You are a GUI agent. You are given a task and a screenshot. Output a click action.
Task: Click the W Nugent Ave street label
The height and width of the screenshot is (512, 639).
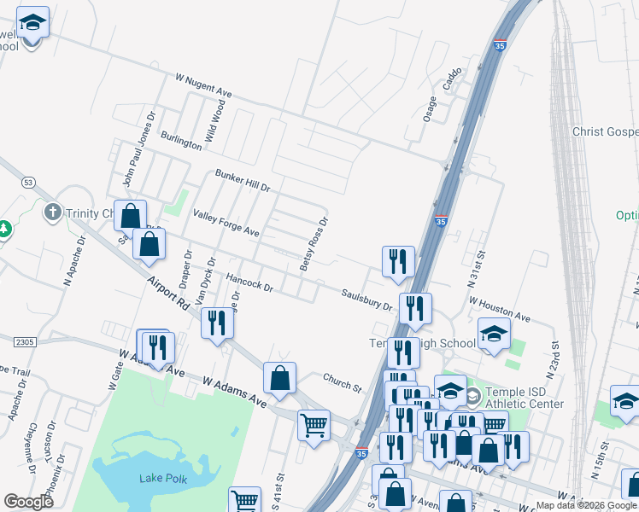pos(203,84)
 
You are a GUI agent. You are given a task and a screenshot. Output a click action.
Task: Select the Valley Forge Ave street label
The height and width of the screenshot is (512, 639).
pos(226,224)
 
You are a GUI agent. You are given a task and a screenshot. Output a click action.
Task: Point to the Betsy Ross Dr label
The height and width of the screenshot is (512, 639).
pos(314,244)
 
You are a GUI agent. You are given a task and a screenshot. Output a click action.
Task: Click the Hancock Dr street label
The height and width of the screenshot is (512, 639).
pos(249,283)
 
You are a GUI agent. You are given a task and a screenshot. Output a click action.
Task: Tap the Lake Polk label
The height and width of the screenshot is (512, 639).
pos(163,478)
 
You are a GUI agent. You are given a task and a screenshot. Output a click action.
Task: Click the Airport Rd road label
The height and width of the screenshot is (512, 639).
pos(167,290)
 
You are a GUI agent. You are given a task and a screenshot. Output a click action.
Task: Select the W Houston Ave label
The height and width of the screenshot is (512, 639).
pos(499,310)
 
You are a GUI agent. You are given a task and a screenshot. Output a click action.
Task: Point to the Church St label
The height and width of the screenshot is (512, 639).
pos(343,381)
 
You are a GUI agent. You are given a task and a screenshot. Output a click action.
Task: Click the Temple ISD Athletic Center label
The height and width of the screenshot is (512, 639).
pos(513,398)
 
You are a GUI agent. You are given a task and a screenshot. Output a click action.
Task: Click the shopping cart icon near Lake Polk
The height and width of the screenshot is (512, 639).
pos(245,500)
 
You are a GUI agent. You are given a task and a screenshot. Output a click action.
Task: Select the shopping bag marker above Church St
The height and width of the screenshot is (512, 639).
pos(279,375)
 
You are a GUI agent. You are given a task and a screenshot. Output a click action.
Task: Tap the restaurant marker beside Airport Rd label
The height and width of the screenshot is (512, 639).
pos(216,323)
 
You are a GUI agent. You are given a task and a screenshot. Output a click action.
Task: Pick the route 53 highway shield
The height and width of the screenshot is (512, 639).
pos(28,182)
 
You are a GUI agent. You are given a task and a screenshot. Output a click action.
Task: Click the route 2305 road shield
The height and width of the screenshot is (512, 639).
pos(25,341)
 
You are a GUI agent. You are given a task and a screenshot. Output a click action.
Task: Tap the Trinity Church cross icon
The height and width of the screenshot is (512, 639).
pos(52,211)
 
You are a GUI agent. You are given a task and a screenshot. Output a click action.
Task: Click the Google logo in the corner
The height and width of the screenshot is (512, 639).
pos(28,501)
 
